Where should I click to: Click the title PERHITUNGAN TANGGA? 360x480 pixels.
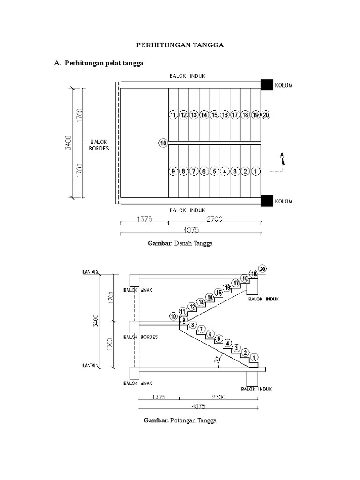coord(180,45)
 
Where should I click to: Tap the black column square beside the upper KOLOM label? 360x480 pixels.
coord(267,85)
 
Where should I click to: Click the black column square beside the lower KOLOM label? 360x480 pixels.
coord(267,201)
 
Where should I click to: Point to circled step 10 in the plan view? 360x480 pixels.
coord(163,143)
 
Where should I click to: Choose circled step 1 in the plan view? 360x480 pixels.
coord(255,172)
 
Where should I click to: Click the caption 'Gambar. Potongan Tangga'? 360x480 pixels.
coord(180,420)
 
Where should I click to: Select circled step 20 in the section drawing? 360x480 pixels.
coord(262,269)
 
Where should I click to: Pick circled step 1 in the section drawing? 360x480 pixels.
coord(255,358)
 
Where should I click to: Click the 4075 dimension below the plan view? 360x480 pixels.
coord(191,229)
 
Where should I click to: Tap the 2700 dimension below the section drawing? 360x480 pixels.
coord(218,397)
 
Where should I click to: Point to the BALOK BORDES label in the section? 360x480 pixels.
coord(141,337)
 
